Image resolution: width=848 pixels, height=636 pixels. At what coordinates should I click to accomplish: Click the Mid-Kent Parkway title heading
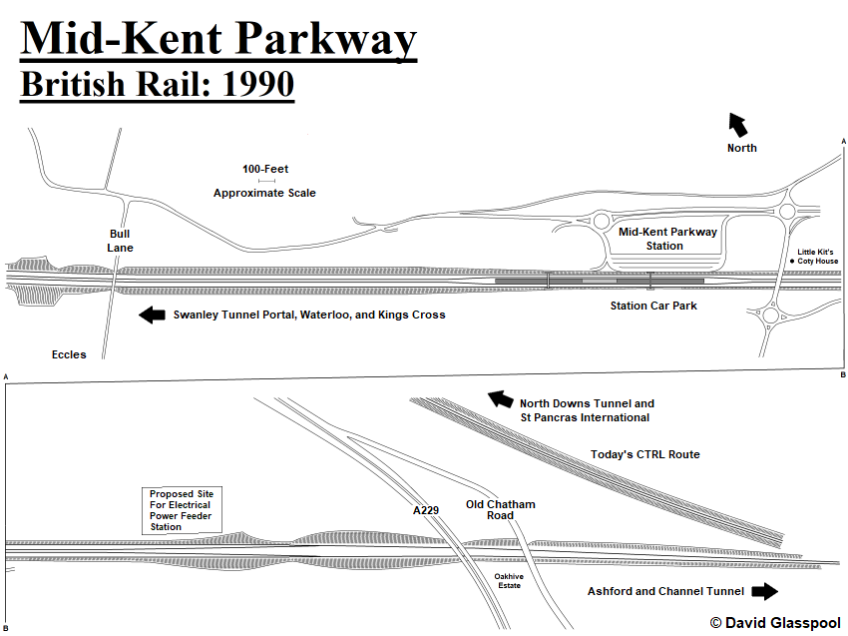(x=218, y=39)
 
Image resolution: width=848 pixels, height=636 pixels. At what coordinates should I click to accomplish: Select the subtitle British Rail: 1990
(x=158, y=84)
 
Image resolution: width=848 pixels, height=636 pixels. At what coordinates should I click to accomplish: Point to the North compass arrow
(x=738, y=125)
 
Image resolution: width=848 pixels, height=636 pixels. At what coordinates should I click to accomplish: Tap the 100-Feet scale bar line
(x=266, y=181)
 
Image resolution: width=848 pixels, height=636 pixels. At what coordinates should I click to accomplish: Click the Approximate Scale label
(x=264, y=193)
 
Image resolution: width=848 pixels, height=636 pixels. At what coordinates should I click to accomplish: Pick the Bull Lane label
(x=120, y=241)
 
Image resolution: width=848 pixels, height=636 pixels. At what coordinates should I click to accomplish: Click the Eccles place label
(x=69, y=354)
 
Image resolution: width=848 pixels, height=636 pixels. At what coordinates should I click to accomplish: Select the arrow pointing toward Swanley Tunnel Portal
(x=152, y=316)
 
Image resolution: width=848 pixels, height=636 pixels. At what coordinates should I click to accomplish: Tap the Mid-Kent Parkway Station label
(x=667, y=239)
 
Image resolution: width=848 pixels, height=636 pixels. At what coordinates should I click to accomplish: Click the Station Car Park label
(x=653, y=306)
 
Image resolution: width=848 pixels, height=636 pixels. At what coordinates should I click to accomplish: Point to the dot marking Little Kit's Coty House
(x=792, y=261)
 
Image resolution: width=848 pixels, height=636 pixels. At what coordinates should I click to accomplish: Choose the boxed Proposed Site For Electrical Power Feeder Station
(x=182, y=510)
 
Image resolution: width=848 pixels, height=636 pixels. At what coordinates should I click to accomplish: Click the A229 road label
(x=426, y=510)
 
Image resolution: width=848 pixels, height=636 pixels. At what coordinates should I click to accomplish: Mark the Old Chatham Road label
(x=500, y=510)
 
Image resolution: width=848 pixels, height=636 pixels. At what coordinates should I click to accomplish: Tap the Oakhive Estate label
(x=509, y=581)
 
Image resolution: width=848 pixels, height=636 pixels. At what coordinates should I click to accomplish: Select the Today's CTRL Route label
(x=644, y=454)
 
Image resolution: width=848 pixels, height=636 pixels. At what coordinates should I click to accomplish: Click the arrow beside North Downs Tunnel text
(x=500, y=399)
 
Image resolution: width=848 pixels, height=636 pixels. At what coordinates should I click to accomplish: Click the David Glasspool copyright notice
(x=775, y=623)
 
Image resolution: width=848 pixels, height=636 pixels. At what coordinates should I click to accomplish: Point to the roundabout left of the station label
(x=602, y=221)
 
